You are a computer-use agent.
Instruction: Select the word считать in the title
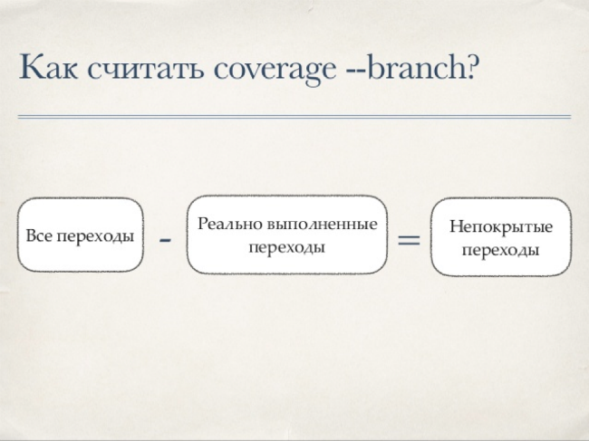[146, 68]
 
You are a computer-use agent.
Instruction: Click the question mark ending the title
[473, 66]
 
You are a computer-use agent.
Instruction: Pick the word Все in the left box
[39, 235]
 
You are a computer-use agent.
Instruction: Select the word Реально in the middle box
[230, 224]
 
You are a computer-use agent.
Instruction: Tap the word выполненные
[323, 224]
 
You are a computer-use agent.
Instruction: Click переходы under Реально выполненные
[287, 248]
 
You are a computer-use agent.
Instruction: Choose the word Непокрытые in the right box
[501, 226]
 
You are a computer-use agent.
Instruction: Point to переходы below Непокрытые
[500, 250]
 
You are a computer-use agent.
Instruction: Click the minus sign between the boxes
[165, 239]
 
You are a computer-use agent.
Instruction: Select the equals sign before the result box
[409, 240]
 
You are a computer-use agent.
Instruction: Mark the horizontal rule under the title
[294, 117]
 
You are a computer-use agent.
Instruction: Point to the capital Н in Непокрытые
[456, 226]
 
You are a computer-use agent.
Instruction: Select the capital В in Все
[31, 235]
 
